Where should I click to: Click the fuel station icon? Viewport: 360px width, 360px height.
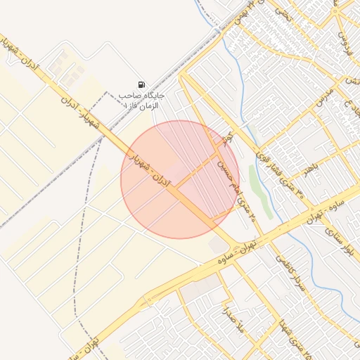click(142, 84)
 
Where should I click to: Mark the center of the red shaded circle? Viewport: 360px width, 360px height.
click(179, 179)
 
